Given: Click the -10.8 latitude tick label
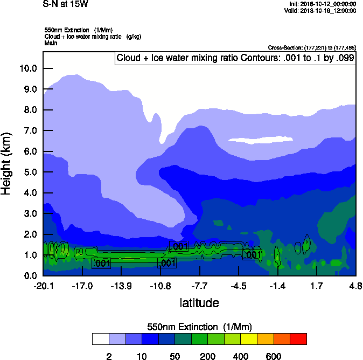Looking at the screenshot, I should click(x=160, y=285).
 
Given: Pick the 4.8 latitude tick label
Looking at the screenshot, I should click(x=355, y=285).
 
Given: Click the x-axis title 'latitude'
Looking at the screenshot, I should click(x=199, y=303).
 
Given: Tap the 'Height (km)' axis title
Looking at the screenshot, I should click(x=6, y=164).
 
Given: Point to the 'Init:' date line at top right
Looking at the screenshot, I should click(x=323, y=4).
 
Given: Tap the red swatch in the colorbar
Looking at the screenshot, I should click(x=298, y=339).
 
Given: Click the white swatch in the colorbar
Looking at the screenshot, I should click(x=101, y=339).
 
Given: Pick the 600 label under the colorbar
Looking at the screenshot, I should click(x=274, y=356).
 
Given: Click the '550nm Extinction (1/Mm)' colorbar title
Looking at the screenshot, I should click(x=199, y=327).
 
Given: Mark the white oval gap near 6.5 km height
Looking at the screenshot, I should click(x=252, y=140).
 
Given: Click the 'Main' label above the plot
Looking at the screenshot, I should click(x=51, y=43).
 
